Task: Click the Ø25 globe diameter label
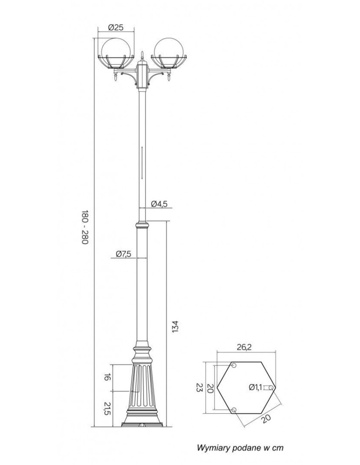(115, 27)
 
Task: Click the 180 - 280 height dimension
(85, 228)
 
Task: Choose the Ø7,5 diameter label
(123, 253)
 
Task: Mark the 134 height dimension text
(175, 326)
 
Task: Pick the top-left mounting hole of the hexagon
(234, 365)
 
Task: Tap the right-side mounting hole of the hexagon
(271, 387)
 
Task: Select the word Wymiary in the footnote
(213, 448)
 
